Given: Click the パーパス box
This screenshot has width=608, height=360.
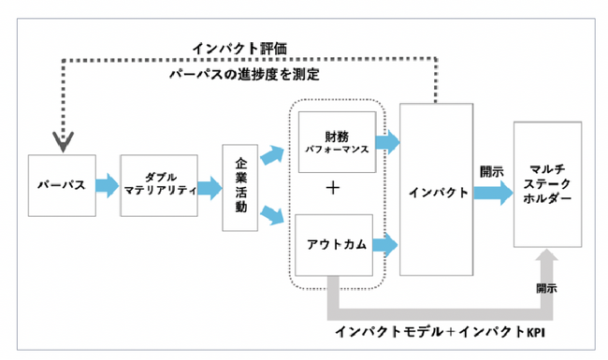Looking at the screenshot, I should click(x=61, y=185).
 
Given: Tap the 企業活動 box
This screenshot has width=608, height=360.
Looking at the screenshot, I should click(x=239, y=187).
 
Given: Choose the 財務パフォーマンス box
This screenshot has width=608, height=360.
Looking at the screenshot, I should click(x=336, y=142).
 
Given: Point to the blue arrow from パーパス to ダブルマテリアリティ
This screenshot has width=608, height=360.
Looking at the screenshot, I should click(x=107, y=185).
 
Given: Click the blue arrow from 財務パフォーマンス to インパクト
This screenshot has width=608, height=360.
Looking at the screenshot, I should click(x=391, y=142).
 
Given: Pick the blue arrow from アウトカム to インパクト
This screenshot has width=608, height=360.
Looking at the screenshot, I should click(x=391, y=245).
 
